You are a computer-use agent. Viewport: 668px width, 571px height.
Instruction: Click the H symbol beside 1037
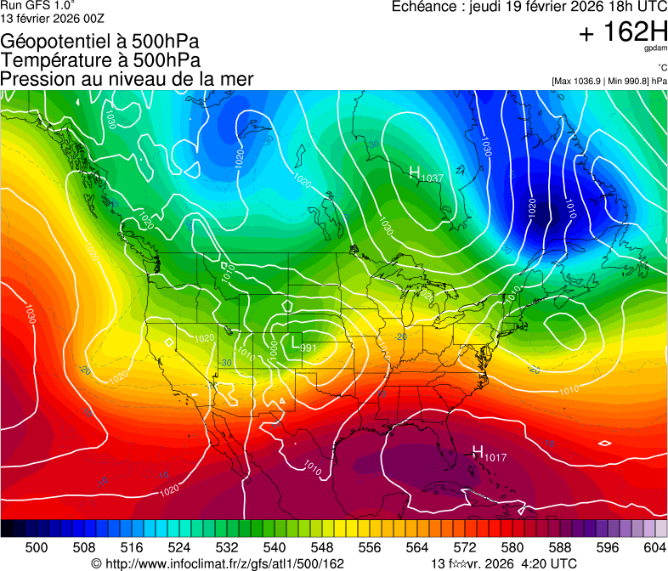click(x=415, y=172)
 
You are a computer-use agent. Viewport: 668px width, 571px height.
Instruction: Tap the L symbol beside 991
click(x=295, y=343)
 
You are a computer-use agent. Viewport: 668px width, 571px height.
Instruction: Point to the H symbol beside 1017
click(x=478, y=451)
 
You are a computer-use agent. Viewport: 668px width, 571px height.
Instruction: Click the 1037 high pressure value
click(x=433, y=178)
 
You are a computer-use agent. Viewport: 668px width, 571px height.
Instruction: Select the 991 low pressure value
click(x=309, y=348)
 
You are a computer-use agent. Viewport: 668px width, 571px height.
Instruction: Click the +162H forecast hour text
click(x=622, y=33)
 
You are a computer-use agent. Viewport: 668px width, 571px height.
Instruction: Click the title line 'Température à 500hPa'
click(x=100, y=59)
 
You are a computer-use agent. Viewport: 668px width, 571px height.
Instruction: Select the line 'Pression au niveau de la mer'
click(x=127, y=79)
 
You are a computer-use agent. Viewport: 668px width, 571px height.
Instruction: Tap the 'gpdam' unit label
click(x=655, y=49)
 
